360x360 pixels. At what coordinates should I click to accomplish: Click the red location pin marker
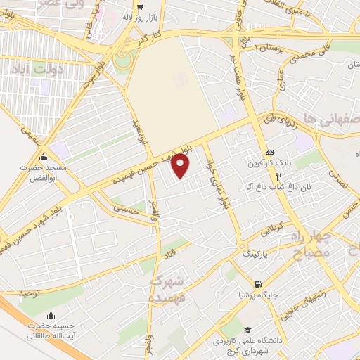tap(180, 165)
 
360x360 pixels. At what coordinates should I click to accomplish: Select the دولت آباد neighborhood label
tap(30, 69)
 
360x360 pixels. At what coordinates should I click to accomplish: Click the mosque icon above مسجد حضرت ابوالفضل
tap(44, 157)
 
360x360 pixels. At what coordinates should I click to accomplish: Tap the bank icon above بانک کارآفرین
tap(269, 153)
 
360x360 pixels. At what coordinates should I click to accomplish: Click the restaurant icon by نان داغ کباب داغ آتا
tap(279, 176)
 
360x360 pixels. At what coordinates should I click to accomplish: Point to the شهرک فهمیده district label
tap(167, 289)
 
